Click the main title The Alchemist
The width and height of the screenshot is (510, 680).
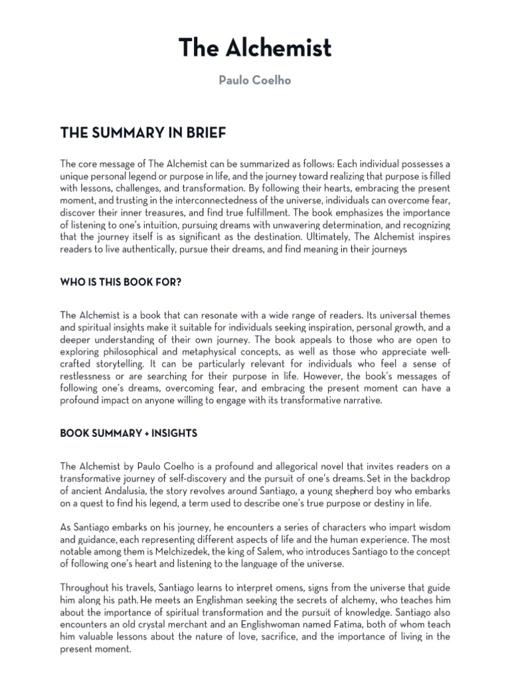[255, 48]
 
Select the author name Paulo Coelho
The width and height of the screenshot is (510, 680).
[255, 80]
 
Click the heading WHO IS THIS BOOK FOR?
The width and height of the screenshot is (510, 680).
[121, 282]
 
